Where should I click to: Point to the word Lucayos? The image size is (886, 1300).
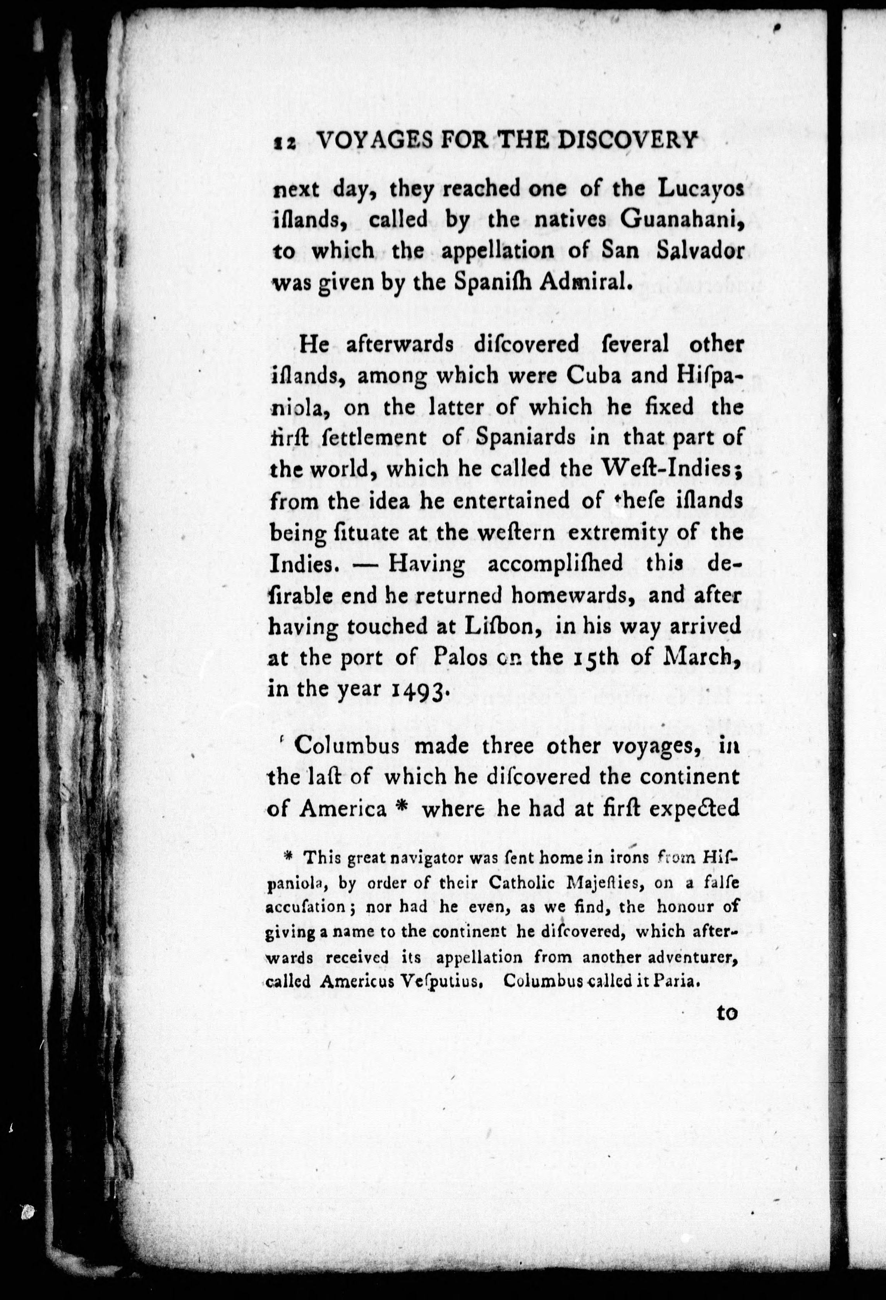pyautogui.click(x=700, y=189)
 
